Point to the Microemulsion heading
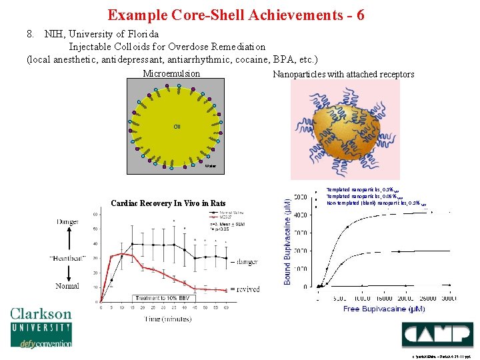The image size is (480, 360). [x=171, y=73]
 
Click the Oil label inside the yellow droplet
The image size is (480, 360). [x=177, y=126]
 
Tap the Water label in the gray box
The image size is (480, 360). [x=211, y=165]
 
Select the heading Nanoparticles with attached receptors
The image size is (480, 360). [x=343, y=74]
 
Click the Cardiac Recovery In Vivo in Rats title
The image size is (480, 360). [x=168, y=203]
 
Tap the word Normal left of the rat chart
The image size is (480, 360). [x=67, y=286]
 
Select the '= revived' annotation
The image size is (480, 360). [x=245, y=289]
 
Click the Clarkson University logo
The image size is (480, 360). [x=41, y=327]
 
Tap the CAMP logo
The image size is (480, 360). [x=437, y=335]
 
